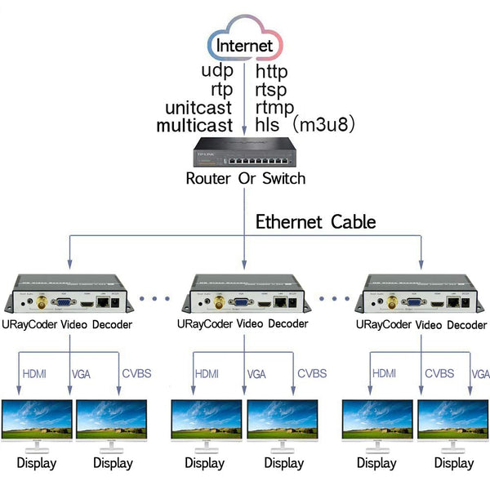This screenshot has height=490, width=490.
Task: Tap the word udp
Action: [x=218, y=71]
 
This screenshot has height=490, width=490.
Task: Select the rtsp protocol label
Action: [x=271, y=89]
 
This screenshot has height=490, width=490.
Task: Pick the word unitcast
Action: [x=198, y=107]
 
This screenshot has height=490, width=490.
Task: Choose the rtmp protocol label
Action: [x=275, y=107]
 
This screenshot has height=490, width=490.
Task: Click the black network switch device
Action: [x=244, y=152]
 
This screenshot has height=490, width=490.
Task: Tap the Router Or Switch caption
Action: [x=245, y=179]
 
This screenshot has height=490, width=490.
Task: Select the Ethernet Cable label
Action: [x=315, y=221]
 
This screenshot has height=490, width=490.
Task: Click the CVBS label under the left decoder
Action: [x=136, y=374]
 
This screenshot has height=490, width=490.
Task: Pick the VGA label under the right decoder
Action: [x=480, y=374]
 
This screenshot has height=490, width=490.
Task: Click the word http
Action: [x=272, y=71]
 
